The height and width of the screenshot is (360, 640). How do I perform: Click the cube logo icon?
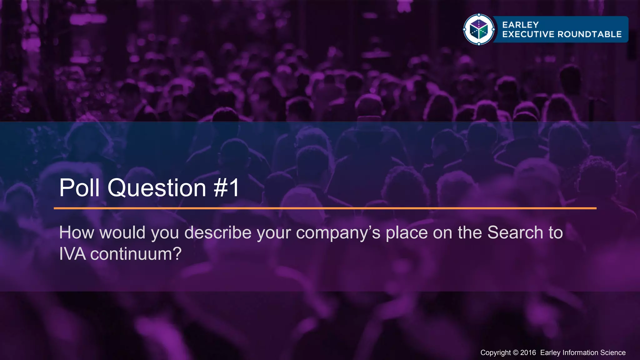(x=479, y=29)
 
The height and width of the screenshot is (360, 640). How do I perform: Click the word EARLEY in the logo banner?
(x=520, y=25)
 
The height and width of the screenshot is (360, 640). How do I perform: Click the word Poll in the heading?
(x=79, y=188)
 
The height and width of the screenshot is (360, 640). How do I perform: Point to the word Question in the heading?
(x=157, y=188)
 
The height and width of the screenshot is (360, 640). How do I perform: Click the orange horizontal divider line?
(x=325, y=208)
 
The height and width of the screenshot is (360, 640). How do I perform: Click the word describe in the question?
(x=218, y=232)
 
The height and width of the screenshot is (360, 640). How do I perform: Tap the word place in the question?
(x=407, y=233)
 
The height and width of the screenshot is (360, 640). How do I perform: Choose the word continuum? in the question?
(x=136, y=254)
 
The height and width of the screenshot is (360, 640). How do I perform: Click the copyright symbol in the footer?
(x=516, y=353)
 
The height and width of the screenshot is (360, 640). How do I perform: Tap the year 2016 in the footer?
(x=528, y=353)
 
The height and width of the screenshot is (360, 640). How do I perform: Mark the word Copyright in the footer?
(x=496, y=353)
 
